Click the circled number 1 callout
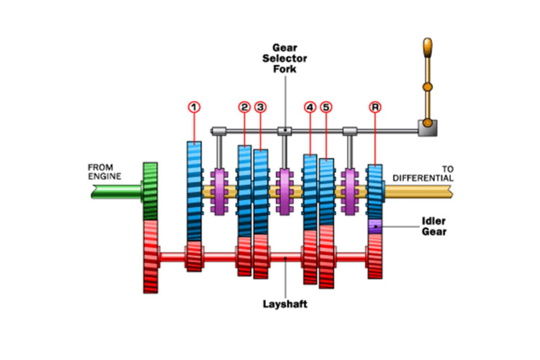pyautogui.click(x=194, y=107)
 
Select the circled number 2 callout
pyautogui.click(x=244, y=107)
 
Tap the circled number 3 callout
pyautogui.click(x=260, y=107)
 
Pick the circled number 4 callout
pyautogui.click(x=310, y=107)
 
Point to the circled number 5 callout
pyautogui.click(x=326, y=107)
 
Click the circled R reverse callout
pyautogui.click(x=375, y=107)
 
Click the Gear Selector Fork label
pyautogui.click(x=285, y=58)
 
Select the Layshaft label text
pyautogui.click(x=285, y=304)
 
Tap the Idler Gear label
pyautogui.click(x=434, y=226)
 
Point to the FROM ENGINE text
pyautogui.click(x=104, y=172)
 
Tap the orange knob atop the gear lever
pyautogui.click(x=427, y=47)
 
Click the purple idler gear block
pyautogui.click(x=375, y=226)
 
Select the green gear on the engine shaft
pyautogui.click(x=150, y=191)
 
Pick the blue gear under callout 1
pyautogui.click(x=194, y=191)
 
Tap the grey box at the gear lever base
pyautogui.click(x=427, y=128)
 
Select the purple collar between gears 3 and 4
pyautogui.click(x=285, y=192)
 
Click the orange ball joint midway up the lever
pyautogui.click(x=427, y=87)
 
